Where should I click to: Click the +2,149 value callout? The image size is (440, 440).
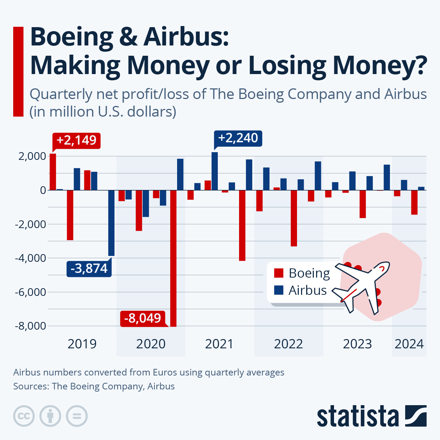pos(76,140)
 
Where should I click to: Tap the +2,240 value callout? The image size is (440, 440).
pos(238,138)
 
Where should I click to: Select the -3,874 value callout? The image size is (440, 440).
pos(89,268)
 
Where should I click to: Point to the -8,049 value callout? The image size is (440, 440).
pos(143,318)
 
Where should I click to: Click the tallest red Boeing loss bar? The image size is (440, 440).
pos(173,258)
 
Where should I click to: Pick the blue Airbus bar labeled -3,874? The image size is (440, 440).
pos(111,223)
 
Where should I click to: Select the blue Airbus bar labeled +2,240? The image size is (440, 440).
pos(214,171)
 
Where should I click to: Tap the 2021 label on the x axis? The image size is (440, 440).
pos(219,344)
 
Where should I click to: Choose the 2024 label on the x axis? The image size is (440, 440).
pos(409,344)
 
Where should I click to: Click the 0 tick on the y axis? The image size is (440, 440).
pos(43,190)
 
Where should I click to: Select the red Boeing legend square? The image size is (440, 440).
pos(279,273)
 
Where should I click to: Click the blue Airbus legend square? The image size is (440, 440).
pos(279,290)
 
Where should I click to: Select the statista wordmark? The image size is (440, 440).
pos(357,417)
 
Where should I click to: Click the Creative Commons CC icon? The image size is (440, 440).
pos(24,416)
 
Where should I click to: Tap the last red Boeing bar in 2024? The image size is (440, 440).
pos(414,202)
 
